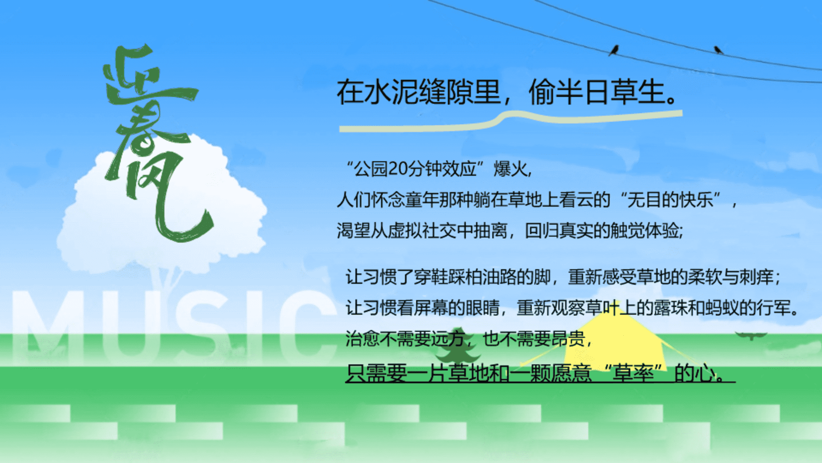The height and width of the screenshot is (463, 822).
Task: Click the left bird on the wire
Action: coord(614,50)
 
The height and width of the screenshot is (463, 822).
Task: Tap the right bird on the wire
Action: coord(718,50)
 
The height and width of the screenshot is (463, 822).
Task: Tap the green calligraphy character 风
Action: coord(171,197)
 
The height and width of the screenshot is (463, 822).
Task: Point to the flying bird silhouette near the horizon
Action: coord(751,335)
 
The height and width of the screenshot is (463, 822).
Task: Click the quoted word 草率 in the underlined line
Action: coord(633,373)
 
